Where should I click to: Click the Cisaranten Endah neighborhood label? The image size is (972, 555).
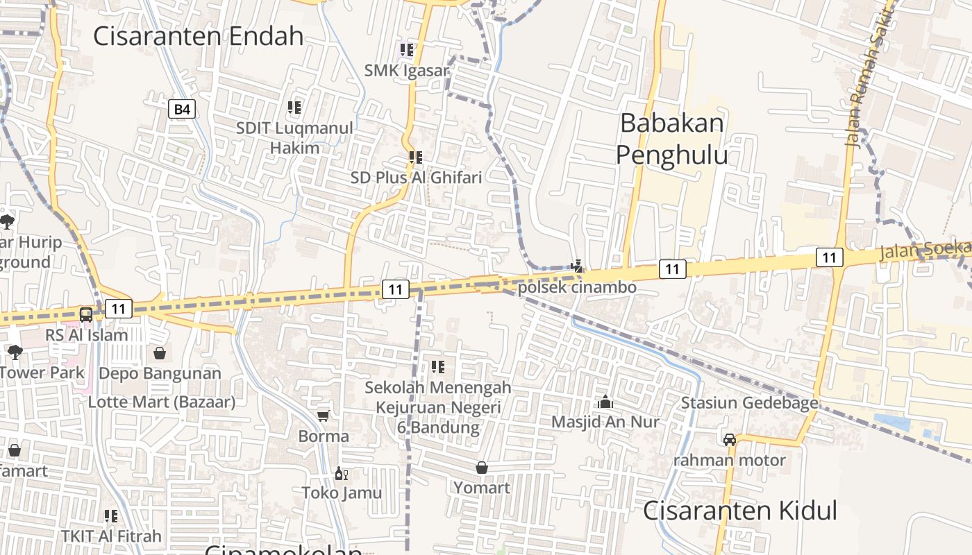pos(199,36)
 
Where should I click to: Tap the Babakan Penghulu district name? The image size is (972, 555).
pos(671,139)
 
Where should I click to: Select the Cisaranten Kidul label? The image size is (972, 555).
pos(739,511)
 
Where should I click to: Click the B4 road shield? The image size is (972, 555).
pos(182,109)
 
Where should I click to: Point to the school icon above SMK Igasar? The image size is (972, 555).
pos(406,50)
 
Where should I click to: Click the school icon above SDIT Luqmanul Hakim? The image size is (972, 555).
pos(294,108)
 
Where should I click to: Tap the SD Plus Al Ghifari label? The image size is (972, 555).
pos(416,178)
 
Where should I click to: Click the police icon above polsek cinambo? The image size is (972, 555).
pos(576,266)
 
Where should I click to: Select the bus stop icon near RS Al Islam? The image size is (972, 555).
pos(86,314)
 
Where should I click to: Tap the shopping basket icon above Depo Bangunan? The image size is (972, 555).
pos(160,353)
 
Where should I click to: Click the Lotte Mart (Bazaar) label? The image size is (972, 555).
pos(162,402)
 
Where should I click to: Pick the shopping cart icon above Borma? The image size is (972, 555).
pos(323,416)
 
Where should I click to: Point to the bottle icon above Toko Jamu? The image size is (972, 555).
pos(341,473)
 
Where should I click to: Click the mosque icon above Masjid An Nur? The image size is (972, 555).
pos(605,402)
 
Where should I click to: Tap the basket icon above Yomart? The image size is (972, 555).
pos(482,468)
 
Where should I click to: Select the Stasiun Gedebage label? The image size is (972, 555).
pos(749,403)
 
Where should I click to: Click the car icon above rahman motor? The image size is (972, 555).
pos(730,439)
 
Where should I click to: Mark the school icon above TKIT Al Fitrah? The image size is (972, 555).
pos(111,516)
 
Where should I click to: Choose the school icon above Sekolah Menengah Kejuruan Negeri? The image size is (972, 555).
pos(437,366)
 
